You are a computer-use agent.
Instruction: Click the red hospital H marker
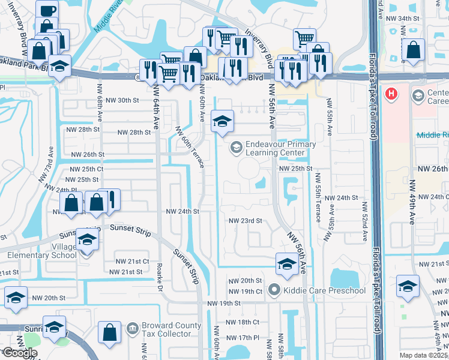pos(392,94)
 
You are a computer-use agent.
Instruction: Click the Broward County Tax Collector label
pos(173,331)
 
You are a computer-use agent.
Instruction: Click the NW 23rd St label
pos(246,221)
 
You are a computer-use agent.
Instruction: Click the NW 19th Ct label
pos(246,292)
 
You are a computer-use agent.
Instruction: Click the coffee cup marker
pos(47,11)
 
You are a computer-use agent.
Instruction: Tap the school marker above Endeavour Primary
pos(222,122)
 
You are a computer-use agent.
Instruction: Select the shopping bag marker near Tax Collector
pos(110,331)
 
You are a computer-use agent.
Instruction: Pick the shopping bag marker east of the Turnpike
pos(413,50)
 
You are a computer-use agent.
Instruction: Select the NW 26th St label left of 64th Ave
pos(88,155)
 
